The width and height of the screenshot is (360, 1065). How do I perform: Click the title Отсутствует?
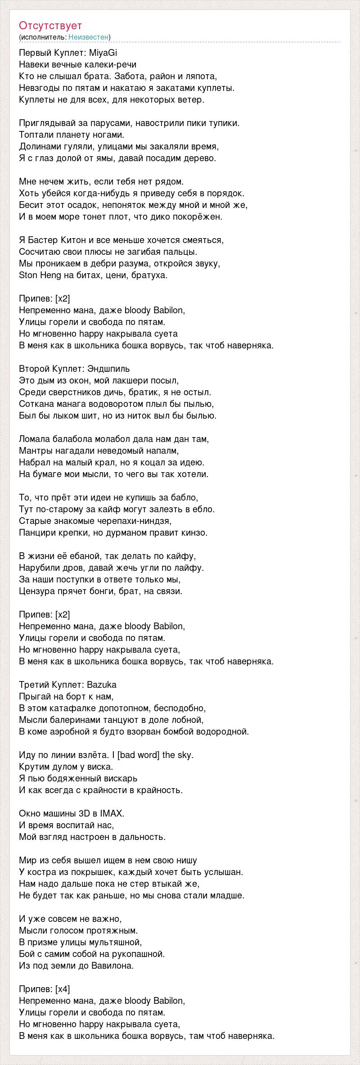click(x=50, y=26)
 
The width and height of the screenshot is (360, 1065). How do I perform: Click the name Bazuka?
click(x=102, y=685)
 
